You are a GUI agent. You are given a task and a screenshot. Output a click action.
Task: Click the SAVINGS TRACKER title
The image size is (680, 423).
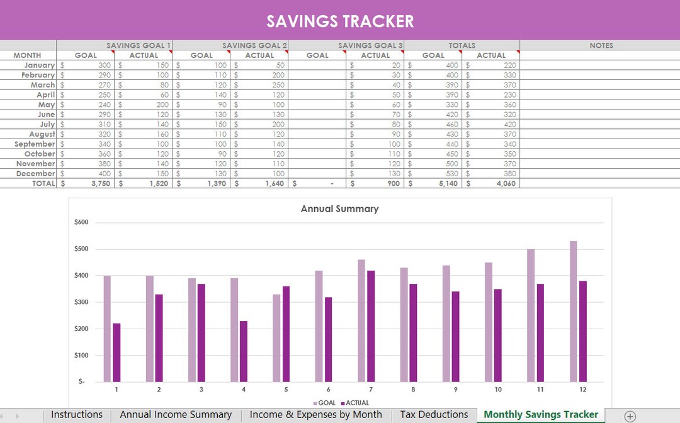click(x=340, y=21)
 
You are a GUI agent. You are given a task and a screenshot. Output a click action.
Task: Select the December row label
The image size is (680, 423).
click(x=36, y=174)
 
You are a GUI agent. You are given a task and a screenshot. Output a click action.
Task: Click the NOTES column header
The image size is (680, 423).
click(x=601, y=45)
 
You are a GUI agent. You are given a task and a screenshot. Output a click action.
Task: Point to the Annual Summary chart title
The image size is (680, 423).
click(x=339, y=209)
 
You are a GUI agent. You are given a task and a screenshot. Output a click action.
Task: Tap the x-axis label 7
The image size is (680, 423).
click(x=370, y=390)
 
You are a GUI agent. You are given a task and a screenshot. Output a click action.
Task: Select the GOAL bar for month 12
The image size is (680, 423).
click(x=573, y=312)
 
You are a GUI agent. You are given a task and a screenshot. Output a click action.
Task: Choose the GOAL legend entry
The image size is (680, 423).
click(x=324, y=403)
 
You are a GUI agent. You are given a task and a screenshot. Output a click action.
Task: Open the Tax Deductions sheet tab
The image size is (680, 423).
click(x=434, y=415)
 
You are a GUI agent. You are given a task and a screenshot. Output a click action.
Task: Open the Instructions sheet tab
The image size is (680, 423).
click(x=77, y=415)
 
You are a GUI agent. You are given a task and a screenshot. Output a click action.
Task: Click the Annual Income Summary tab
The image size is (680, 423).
click(x=176, y=415)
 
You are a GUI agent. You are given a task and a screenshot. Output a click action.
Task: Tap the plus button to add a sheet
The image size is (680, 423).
click(x=630, y=415)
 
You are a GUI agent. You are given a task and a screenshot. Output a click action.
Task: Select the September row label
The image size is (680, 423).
click(x=35, y=144)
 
